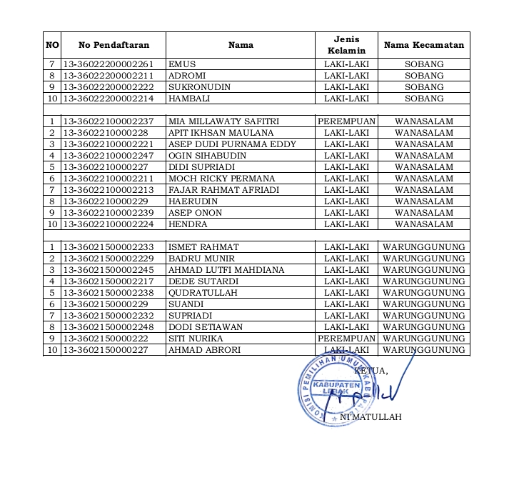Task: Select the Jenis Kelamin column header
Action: point(346,45)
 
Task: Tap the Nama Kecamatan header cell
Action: point(424,45)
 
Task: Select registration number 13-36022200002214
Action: point(109,99)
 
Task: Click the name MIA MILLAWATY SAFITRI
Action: point(218,121)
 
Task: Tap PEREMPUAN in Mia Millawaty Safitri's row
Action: point(346,121)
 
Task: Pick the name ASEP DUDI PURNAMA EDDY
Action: point(222,144)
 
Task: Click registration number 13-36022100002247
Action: point(109,156)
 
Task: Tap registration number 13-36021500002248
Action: point(109,327)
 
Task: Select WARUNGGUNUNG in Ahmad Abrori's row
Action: point(424,350)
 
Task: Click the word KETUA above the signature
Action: point(371,371)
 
